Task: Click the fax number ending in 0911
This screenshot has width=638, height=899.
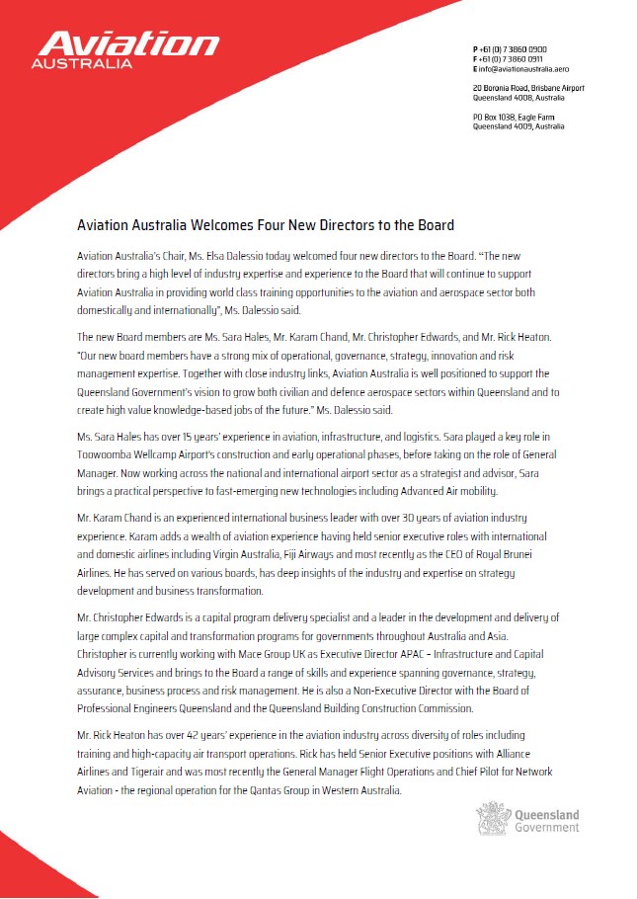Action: tap(514, 58)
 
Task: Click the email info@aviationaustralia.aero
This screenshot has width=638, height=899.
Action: tap(527, 69)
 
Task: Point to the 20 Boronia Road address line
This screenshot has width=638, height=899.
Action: tap(527, 88)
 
